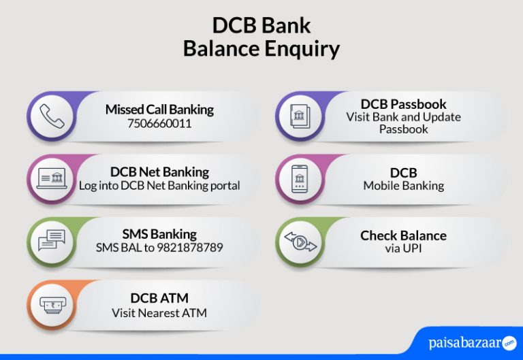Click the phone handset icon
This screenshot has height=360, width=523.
51,116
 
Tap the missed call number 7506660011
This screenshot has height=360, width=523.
159,124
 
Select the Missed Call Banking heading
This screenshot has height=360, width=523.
159,110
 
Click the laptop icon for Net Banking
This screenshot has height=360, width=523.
51,179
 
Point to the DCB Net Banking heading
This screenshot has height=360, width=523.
159,172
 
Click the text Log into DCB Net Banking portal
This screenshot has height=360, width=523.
159,186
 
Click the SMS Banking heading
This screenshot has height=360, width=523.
159,235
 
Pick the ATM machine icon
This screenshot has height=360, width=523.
51,305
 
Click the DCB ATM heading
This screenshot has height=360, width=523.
159,298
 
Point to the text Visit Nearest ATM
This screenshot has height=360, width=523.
159,313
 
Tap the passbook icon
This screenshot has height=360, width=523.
300,116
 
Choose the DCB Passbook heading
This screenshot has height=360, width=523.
403,104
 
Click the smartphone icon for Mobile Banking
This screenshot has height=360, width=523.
300,179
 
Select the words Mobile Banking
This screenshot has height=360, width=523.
403,186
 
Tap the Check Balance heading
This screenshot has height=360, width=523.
403,235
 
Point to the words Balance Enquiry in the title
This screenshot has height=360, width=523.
261,49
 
